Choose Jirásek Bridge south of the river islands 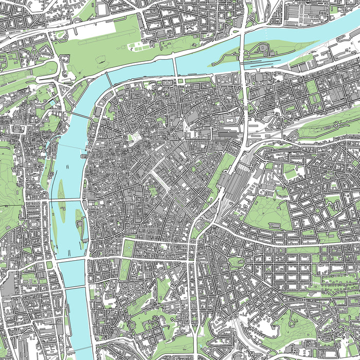coord(70,260)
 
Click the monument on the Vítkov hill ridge coord(337,125)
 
